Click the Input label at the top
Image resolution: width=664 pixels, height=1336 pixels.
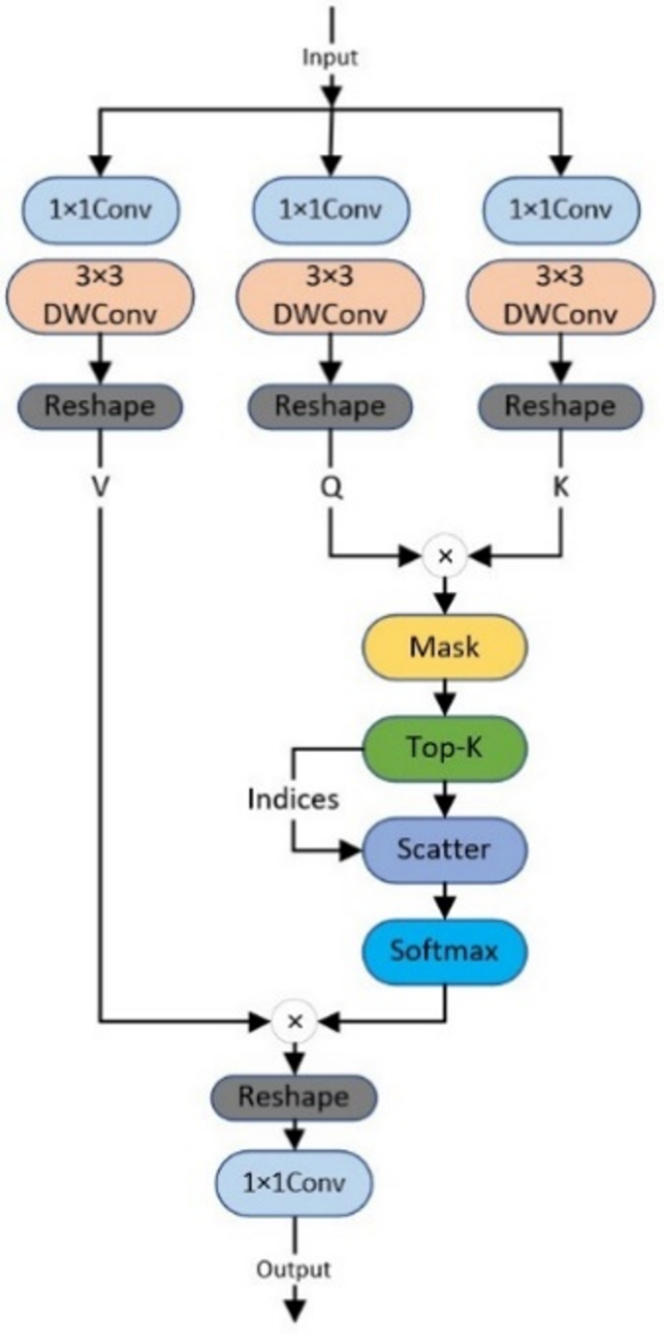[x=332, y=57]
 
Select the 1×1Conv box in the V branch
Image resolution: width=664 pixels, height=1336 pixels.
[x=103, y=208]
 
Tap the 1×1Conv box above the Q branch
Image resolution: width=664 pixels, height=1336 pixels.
[x=332, y=208]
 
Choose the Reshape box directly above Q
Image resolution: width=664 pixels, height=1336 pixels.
[x=332, y=405]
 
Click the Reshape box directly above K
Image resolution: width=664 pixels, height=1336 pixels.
[x=559, y=405]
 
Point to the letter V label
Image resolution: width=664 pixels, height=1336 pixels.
[x=100, y=488]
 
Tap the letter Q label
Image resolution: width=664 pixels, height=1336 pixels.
[x=332, y=488]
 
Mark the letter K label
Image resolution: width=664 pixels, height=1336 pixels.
[x=560, y=488]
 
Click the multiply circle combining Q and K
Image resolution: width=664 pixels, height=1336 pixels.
[x=445, y=556]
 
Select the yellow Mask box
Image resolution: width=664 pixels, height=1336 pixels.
[x=444, y=646]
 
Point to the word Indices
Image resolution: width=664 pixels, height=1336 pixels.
[x=293, y=798]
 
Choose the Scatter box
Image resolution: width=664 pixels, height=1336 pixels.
[x=444, y=850]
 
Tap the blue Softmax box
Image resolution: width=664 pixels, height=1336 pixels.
[x=444, y=950]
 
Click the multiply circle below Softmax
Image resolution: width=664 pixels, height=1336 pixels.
[x=296, y=1020]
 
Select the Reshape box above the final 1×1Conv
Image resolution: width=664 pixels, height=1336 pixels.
[x=294, y=1097]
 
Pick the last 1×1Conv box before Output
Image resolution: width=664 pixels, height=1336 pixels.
[x=294, y=1182]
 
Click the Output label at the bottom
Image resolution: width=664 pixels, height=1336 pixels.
[x=294, y=1268]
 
